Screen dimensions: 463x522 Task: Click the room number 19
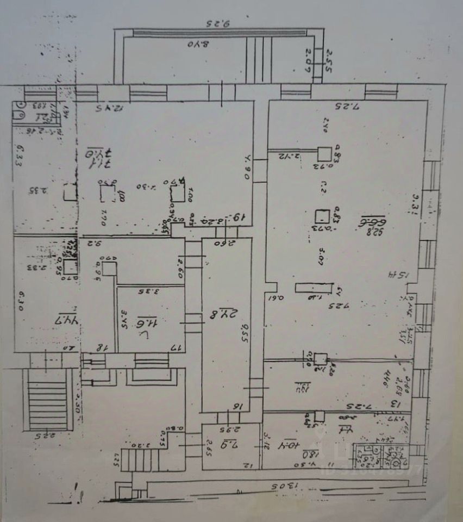pos(238,217)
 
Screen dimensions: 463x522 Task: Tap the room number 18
pos(100,347)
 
